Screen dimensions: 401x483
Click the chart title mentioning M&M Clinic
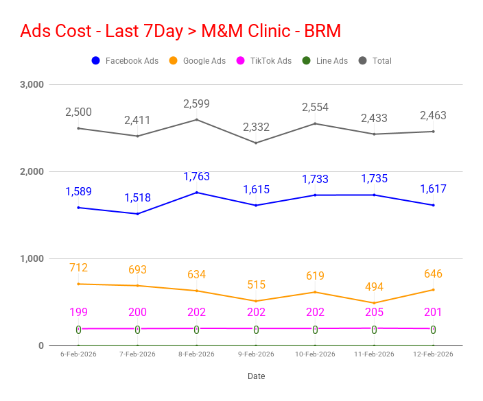click(x=180, y=31)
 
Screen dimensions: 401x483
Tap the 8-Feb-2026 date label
click(x=196, y=354)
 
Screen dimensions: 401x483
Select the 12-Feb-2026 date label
click(x=433, y=354)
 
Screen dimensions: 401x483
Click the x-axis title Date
click(x=256, y=376)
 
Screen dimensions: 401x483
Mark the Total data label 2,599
click(x=196, y=104)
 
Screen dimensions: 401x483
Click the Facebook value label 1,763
click(x=196, y=177)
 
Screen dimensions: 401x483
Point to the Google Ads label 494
click(x=374, y=287)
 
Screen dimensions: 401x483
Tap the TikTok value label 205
click(x=374, y=313)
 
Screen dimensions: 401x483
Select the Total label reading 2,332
click(x=256, y=127)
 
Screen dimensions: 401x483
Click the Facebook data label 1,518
click(x=137, y=198)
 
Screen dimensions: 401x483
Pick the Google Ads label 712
click(x=78, y=268)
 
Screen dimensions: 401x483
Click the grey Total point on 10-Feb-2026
click(x=315, y=123)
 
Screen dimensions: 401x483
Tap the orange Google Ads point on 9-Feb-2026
click(x=256, y=301)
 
